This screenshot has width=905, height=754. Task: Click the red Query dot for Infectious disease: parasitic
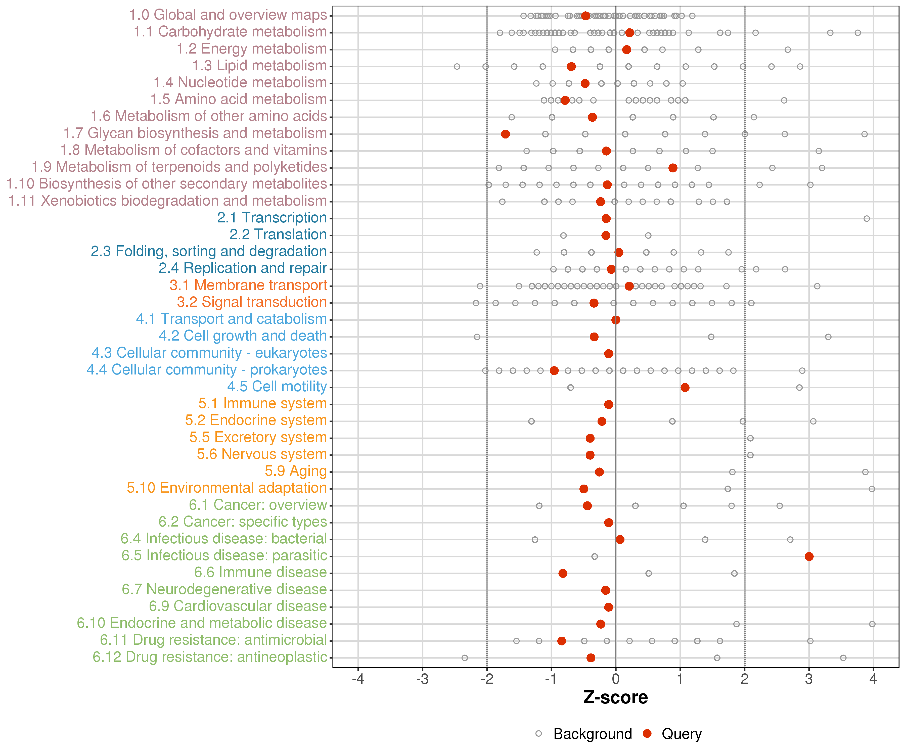(809, 556)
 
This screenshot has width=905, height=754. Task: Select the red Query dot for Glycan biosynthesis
(506, 134)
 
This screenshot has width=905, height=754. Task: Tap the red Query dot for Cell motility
(685, 387)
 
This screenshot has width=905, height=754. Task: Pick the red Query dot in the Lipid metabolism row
(571, 66)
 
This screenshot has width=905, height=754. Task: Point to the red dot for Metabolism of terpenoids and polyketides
(673, 168)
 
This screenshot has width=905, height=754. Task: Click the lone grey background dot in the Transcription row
(867, 218)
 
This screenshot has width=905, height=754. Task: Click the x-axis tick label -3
(422, 679)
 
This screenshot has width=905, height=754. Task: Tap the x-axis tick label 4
(873, 679)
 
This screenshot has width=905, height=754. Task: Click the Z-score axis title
(615, 697)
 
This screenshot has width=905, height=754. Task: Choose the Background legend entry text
(593, 734)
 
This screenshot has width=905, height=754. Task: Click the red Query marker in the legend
(647, 733)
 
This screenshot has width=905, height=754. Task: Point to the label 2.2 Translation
(278, 234)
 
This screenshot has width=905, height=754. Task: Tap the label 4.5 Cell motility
(277, 387)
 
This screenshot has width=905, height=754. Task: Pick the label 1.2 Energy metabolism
(252, 49)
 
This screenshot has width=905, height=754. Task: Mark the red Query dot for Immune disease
(563, 573)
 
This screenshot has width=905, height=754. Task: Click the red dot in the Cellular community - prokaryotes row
(554, 370)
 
